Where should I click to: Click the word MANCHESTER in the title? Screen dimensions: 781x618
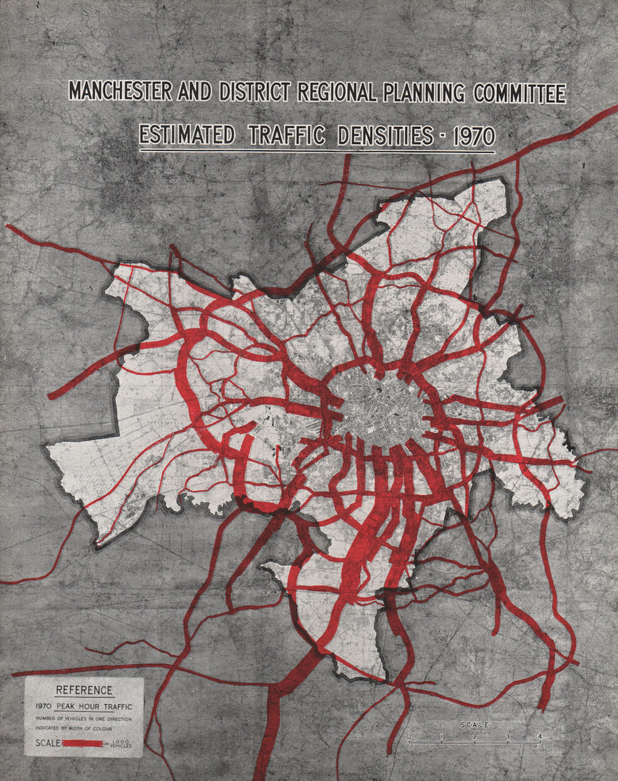tap(121, 92)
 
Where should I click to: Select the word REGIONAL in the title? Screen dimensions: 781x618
tap(337, 92)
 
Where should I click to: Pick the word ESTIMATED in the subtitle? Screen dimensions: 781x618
tap(186, 135)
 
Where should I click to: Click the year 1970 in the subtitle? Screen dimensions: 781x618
tap(474, 137)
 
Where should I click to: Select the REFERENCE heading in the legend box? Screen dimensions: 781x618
tap(85, 690)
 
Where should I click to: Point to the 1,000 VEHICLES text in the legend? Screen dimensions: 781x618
tap(121, 743)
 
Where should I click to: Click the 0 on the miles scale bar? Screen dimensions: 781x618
tap(408, 736)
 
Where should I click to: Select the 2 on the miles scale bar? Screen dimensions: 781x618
tap(474, 736)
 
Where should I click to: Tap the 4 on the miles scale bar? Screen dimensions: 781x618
tap(540, 736)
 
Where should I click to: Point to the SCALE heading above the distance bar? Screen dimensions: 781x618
tap(475, 725)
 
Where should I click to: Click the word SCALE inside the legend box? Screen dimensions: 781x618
tap(48, 743)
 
